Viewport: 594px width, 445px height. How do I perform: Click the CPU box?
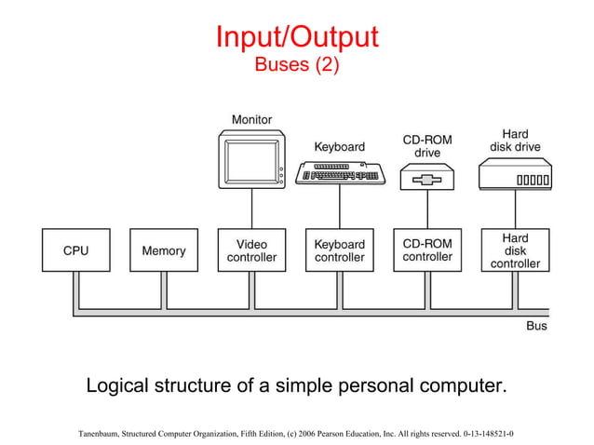(75, 250)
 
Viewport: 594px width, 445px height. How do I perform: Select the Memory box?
(163, 250)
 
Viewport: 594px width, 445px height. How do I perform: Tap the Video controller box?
(251, 250)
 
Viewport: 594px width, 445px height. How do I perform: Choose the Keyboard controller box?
(339, 250)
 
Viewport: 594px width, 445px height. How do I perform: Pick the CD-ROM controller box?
(427, 250)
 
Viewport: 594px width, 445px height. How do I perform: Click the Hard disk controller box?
(515, 250)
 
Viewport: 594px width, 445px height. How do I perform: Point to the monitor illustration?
(251, 159)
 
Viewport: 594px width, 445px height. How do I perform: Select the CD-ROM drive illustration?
(427, 177)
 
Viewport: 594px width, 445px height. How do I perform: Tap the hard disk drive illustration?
(515, 174)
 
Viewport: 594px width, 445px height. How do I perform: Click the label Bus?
(536, 327)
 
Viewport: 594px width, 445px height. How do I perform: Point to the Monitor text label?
(251, 119)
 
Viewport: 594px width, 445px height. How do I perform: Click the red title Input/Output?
(297, 37)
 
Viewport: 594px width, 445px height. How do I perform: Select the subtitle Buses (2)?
(297, 65)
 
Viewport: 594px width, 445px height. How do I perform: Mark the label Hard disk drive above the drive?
(515, 141)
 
